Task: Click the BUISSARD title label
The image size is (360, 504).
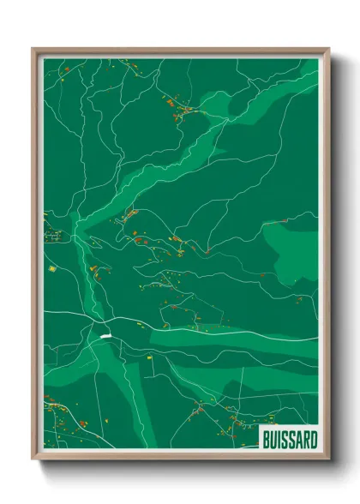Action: click(288, 435)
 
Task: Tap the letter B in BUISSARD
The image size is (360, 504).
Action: click(265, 435)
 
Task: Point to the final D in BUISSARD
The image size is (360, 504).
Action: click(312, 435)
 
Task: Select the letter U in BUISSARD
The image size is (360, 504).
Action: click(272, 435)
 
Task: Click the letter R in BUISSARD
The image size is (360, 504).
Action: click(304, 435)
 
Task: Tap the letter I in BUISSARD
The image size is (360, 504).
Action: click(278, 435)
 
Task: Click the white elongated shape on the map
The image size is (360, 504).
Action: click(105, 336)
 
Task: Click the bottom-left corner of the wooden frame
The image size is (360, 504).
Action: click(33, 459)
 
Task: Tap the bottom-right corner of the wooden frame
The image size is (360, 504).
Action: click(328, 459)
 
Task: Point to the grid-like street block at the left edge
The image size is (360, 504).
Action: click(51, 234)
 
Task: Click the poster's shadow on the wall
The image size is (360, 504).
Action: click(339, 257)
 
